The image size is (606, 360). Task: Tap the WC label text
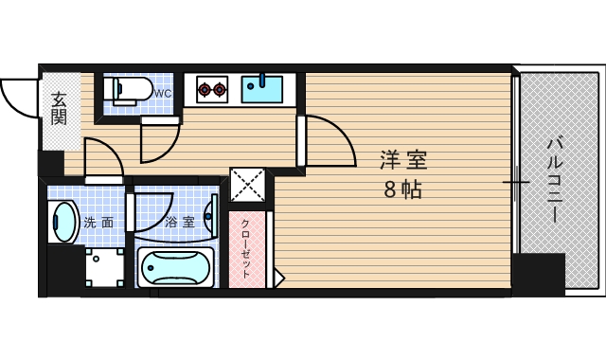pyautogui.click(x=163, y=93)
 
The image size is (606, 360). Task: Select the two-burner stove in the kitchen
pyautogui.click(x=211, y=91)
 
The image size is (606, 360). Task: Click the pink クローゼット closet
pyautogui.click(x=246, y=248)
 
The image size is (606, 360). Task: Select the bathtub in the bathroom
pyautogui.click(x=178, y=269)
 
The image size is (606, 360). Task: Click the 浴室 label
pyautogui.click(x=179, y=223)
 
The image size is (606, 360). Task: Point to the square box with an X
pyautogui.click(x=247, y=186)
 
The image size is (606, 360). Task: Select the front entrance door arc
pyautogui.click(x=19, y=95)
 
